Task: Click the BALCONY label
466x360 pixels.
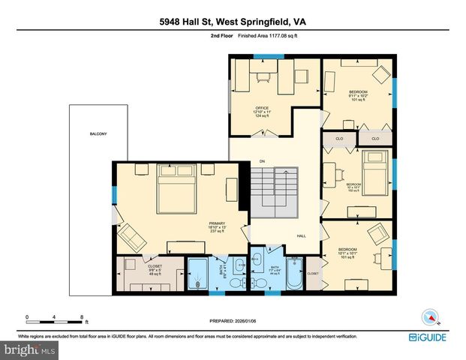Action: [x=98, y=134]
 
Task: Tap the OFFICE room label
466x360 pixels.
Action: [x=261, y=108]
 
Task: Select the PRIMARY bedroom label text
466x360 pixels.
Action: [x=217, y=223]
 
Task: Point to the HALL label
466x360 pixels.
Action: [x=301, y=236]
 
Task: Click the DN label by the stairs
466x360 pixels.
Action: [x=262, y=161]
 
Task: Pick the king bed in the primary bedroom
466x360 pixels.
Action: [x=176, y=191]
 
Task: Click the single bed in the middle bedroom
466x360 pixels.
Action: [x=374, y=170]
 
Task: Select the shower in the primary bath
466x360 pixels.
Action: [x=199, y=274]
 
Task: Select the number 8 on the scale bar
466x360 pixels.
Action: [x=81, y=317]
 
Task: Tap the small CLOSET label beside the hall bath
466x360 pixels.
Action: [x=313, y=274]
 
